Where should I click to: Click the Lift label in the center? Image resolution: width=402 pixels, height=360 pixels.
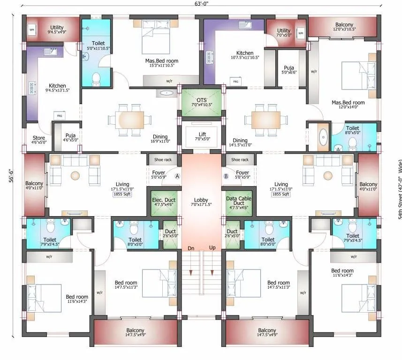pyautogui.click(x=202, y=135)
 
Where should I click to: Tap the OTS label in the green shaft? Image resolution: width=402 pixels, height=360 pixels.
pyautogui.click(x=202, y=100)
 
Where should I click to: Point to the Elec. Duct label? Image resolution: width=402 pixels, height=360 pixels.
pyautogui.click(x=164, y=200)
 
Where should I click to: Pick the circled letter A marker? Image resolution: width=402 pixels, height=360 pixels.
pyautogui.click(x=177, y=176)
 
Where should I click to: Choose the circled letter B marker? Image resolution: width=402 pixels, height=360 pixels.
pyautogui.click(x=226, y=176)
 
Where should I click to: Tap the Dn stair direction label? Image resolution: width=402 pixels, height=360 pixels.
pyautogui.click(x=191, y=248)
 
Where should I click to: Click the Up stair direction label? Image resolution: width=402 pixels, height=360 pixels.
pyautogui.click(x=212, y=248)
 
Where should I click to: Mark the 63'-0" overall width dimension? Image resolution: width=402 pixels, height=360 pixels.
pyautogui.click(x=201, y=5)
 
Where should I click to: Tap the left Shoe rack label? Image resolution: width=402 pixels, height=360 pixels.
pyautogui.click(x=163, y=160)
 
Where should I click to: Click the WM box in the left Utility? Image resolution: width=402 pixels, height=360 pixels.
pyautogui.click(x=32, y=30)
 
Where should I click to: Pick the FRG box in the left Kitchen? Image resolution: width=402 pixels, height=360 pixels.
pyautogui.click(x=60, y=115)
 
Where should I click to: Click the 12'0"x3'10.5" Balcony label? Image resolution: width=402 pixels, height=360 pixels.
pyautogui.click(x=344, y=26)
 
